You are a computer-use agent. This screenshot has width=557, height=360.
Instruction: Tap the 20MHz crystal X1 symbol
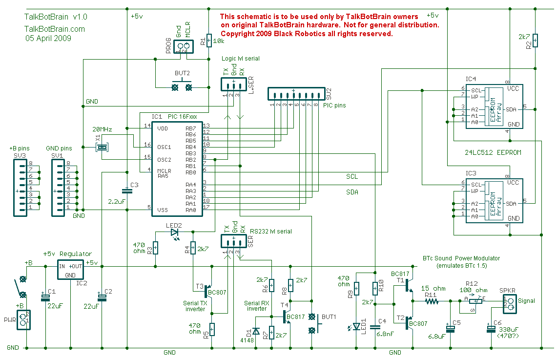click(x=102, y=147)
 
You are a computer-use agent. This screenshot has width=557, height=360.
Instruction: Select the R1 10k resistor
click(x=209, y=40)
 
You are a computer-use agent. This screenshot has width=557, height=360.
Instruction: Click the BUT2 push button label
click(x=182, y=73)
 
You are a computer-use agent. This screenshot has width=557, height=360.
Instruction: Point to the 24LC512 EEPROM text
click(x=493, y=152)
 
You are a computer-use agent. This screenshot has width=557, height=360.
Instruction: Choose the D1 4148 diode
click(x=255, y=333)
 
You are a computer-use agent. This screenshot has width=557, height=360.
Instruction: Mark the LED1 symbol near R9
click(x=356, y=326)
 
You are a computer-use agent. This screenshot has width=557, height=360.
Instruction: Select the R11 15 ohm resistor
click(x=431, y=301)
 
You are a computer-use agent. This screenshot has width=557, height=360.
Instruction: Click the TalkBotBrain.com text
click(x=54, y=29)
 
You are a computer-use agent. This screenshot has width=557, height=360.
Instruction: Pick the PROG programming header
click(x=183, y=47)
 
